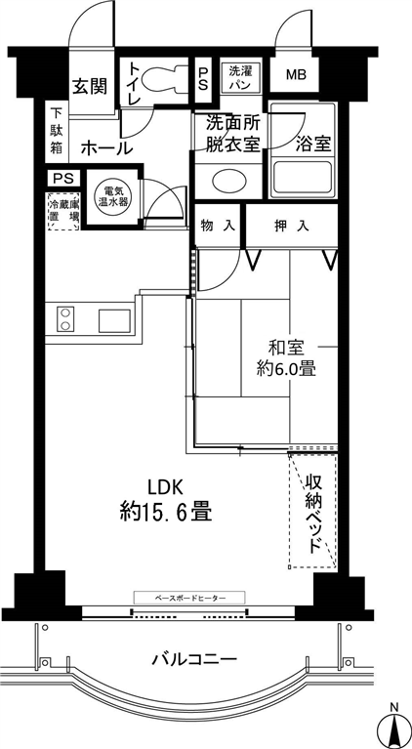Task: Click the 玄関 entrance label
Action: click(89, 86)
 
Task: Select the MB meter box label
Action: click(296, 75)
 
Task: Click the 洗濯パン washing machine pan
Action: click(241, 76)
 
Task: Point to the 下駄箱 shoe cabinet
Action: click(57, 132)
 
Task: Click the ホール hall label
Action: click(106, 148)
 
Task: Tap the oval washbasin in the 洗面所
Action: click(228, 181)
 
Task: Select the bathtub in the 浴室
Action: click(303, 178)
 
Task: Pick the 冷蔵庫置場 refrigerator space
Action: click(63, 211)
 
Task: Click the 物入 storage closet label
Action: click(218, 225)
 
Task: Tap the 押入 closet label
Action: click(291, 225)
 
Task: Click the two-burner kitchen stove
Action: click(65, 319)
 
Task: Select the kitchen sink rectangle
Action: click(114, 320)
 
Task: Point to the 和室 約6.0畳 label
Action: click(286, 358)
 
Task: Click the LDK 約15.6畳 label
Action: click(165, 501)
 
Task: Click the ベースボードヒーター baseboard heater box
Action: click(189, 597)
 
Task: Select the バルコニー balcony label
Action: click(194, 660)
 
